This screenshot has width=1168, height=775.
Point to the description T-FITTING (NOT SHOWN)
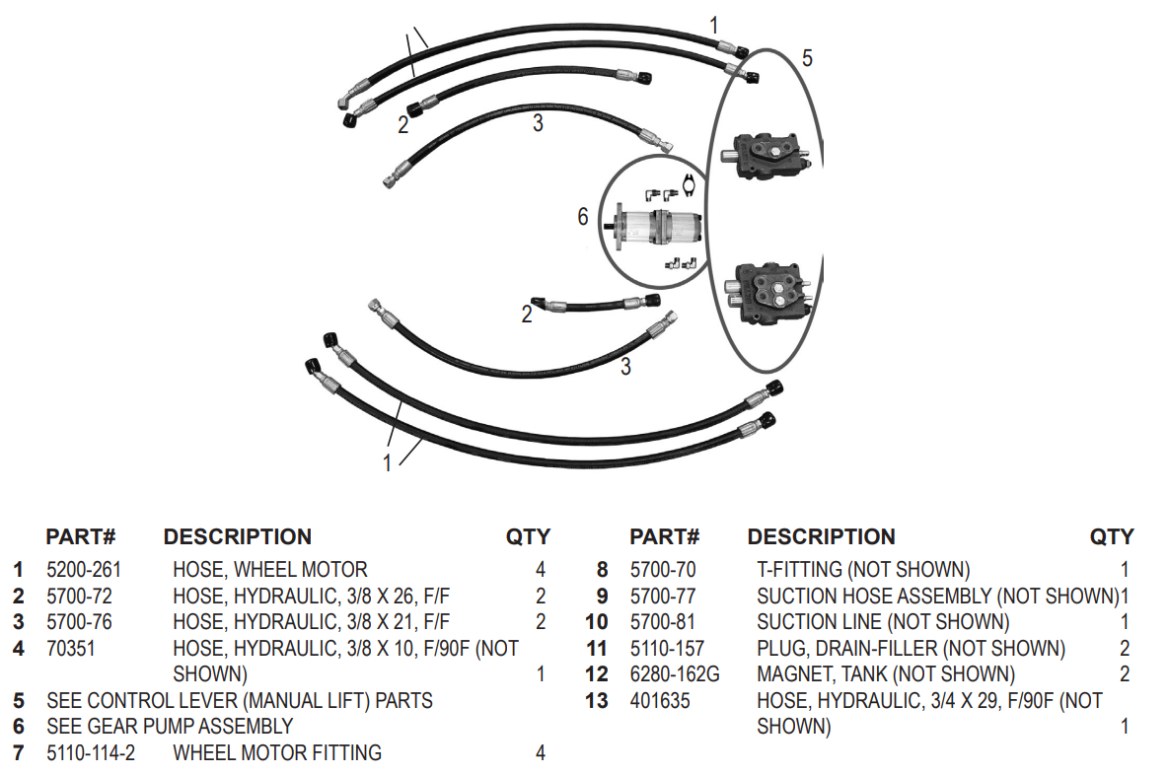[x=862, y=570]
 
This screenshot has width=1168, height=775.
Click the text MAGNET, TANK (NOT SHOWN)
[x=885, y=674]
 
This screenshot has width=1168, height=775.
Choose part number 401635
[x=660, y=701]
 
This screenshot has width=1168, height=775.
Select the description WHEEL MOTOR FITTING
[x=276, y=753]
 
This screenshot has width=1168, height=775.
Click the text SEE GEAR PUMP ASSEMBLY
[x=170, y=727]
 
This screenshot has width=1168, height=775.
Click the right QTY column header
[x=1111, y=537]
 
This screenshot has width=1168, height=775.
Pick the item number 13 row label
[x=597, y=701]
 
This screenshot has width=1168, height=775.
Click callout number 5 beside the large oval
[x=807, y=59]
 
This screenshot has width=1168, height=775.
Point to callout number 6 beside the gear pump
[x=583, y=216]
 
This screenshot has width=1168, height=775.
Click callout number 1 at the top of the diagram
[x=714, y=25]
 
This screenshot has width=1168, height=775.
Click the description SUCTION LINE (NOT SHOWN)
[x=883, y=622]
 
